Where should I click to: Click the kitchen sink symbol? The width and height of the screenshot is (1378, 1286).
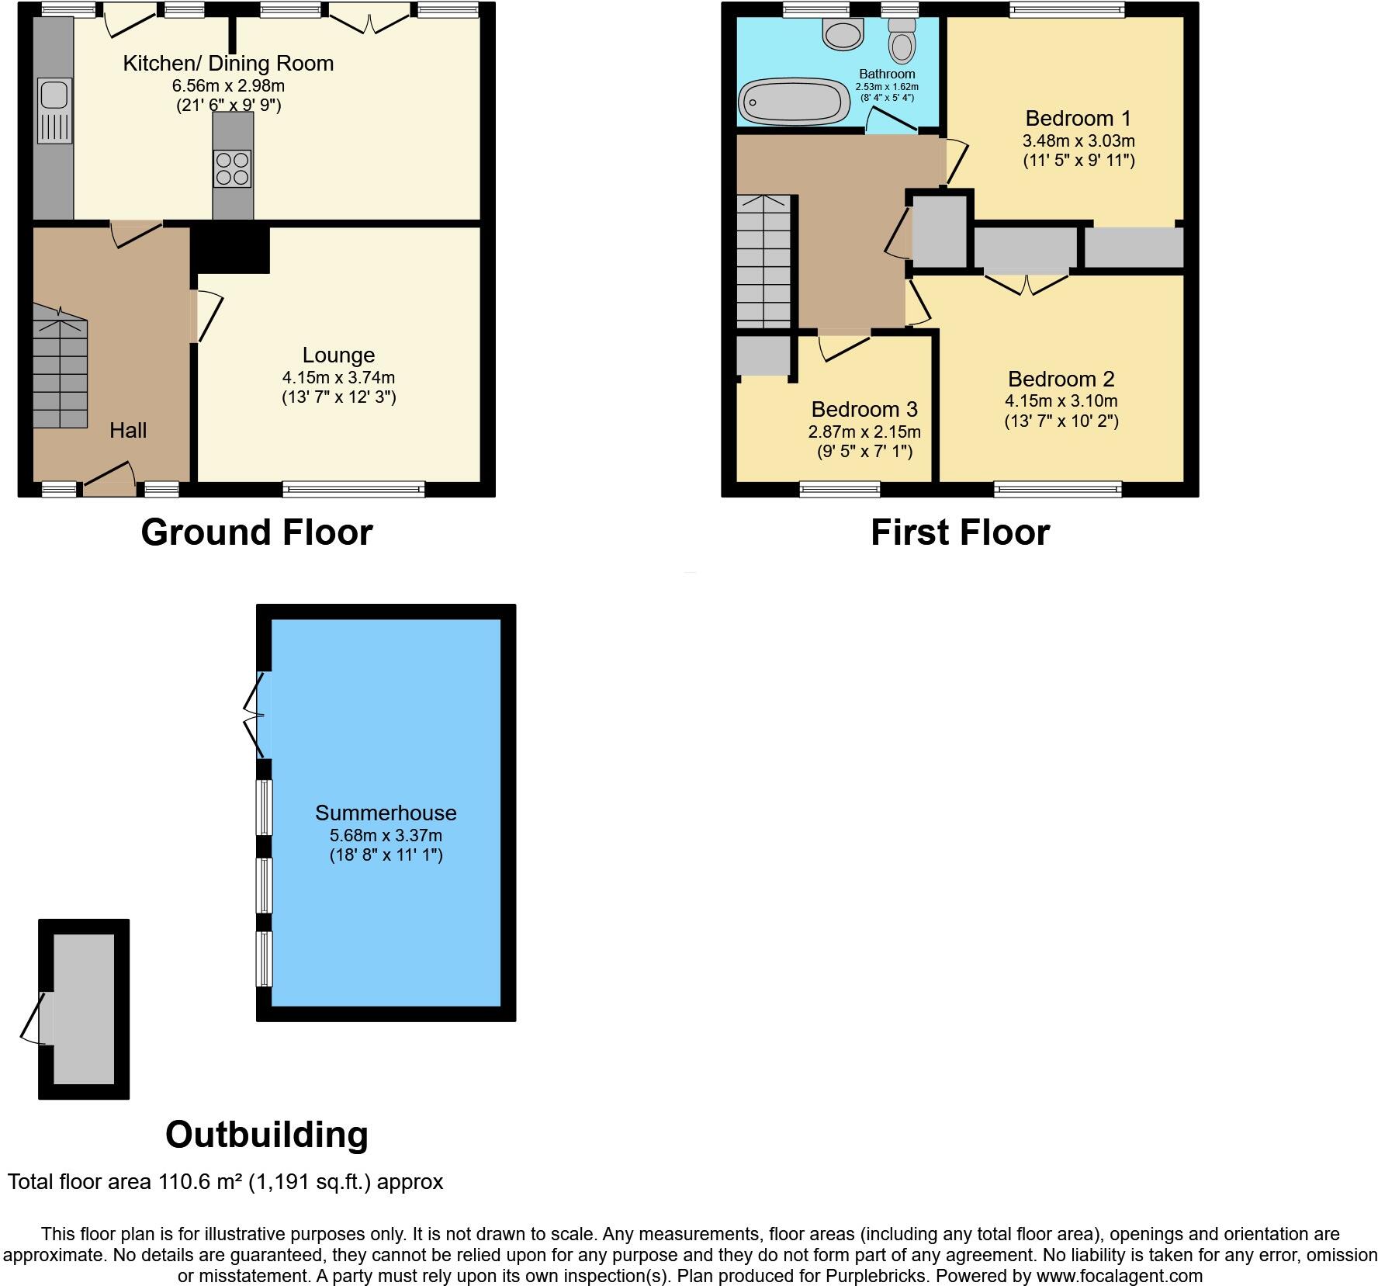[54, 110]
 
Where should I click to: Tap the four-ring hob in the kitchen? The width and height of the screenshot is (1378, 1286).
[233, 168]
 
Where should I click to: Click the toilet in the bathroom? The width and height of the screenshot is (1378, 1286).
[901, 40]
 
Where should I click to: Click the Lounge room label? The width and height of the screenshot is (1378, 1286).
[338, 355]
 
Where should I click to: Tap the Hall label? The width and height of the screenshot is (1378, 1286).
[128, 430]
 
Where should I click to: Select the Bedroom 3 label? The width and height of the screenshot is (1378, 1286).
[864, 409]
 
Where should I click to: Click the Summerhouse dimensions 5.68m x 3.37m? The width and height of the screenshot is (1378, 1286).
[386, 835]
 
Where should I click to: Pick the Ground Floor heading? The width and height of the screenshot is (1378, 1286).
[257, 532]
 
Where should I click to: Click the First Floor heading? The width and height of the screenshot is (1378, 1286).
[960, 532]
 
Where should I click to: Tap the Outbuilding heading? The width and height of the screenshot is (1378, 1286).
[266, 1134]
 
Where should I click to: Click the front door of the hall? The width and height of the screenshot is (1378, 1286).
[109, 479]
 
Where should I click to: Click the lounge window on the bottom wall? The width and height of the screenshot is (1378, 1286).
[354, 489]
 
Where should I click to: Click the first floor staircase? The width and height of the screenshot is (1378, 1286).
[763, 261]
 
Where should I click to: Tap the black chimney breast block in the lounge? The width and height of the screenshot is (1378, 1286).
[231, 248]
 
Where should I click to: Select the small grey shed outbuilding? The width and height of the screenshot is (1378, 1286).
[83, 1009]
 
